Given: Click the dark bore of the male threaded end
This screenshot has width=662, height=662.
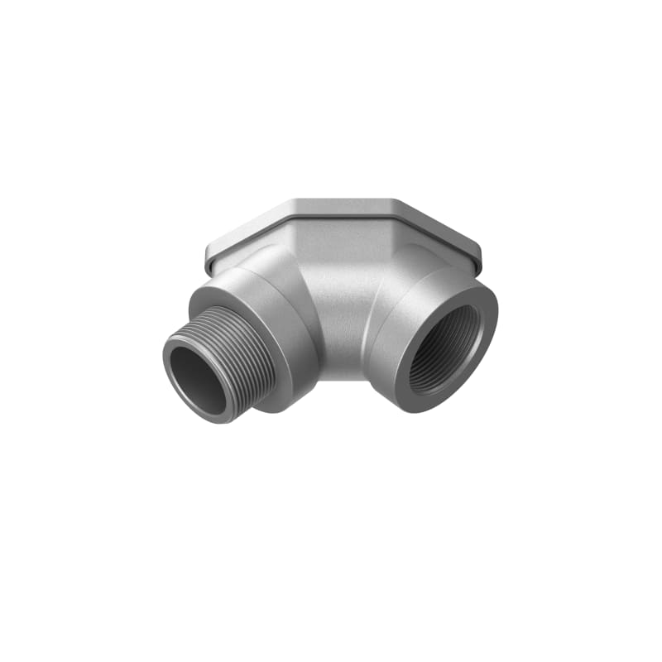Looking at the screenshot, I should tap(199, 383).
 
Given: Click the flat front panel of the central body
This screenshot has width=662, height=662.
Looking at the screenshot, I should tap(339, 298).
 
